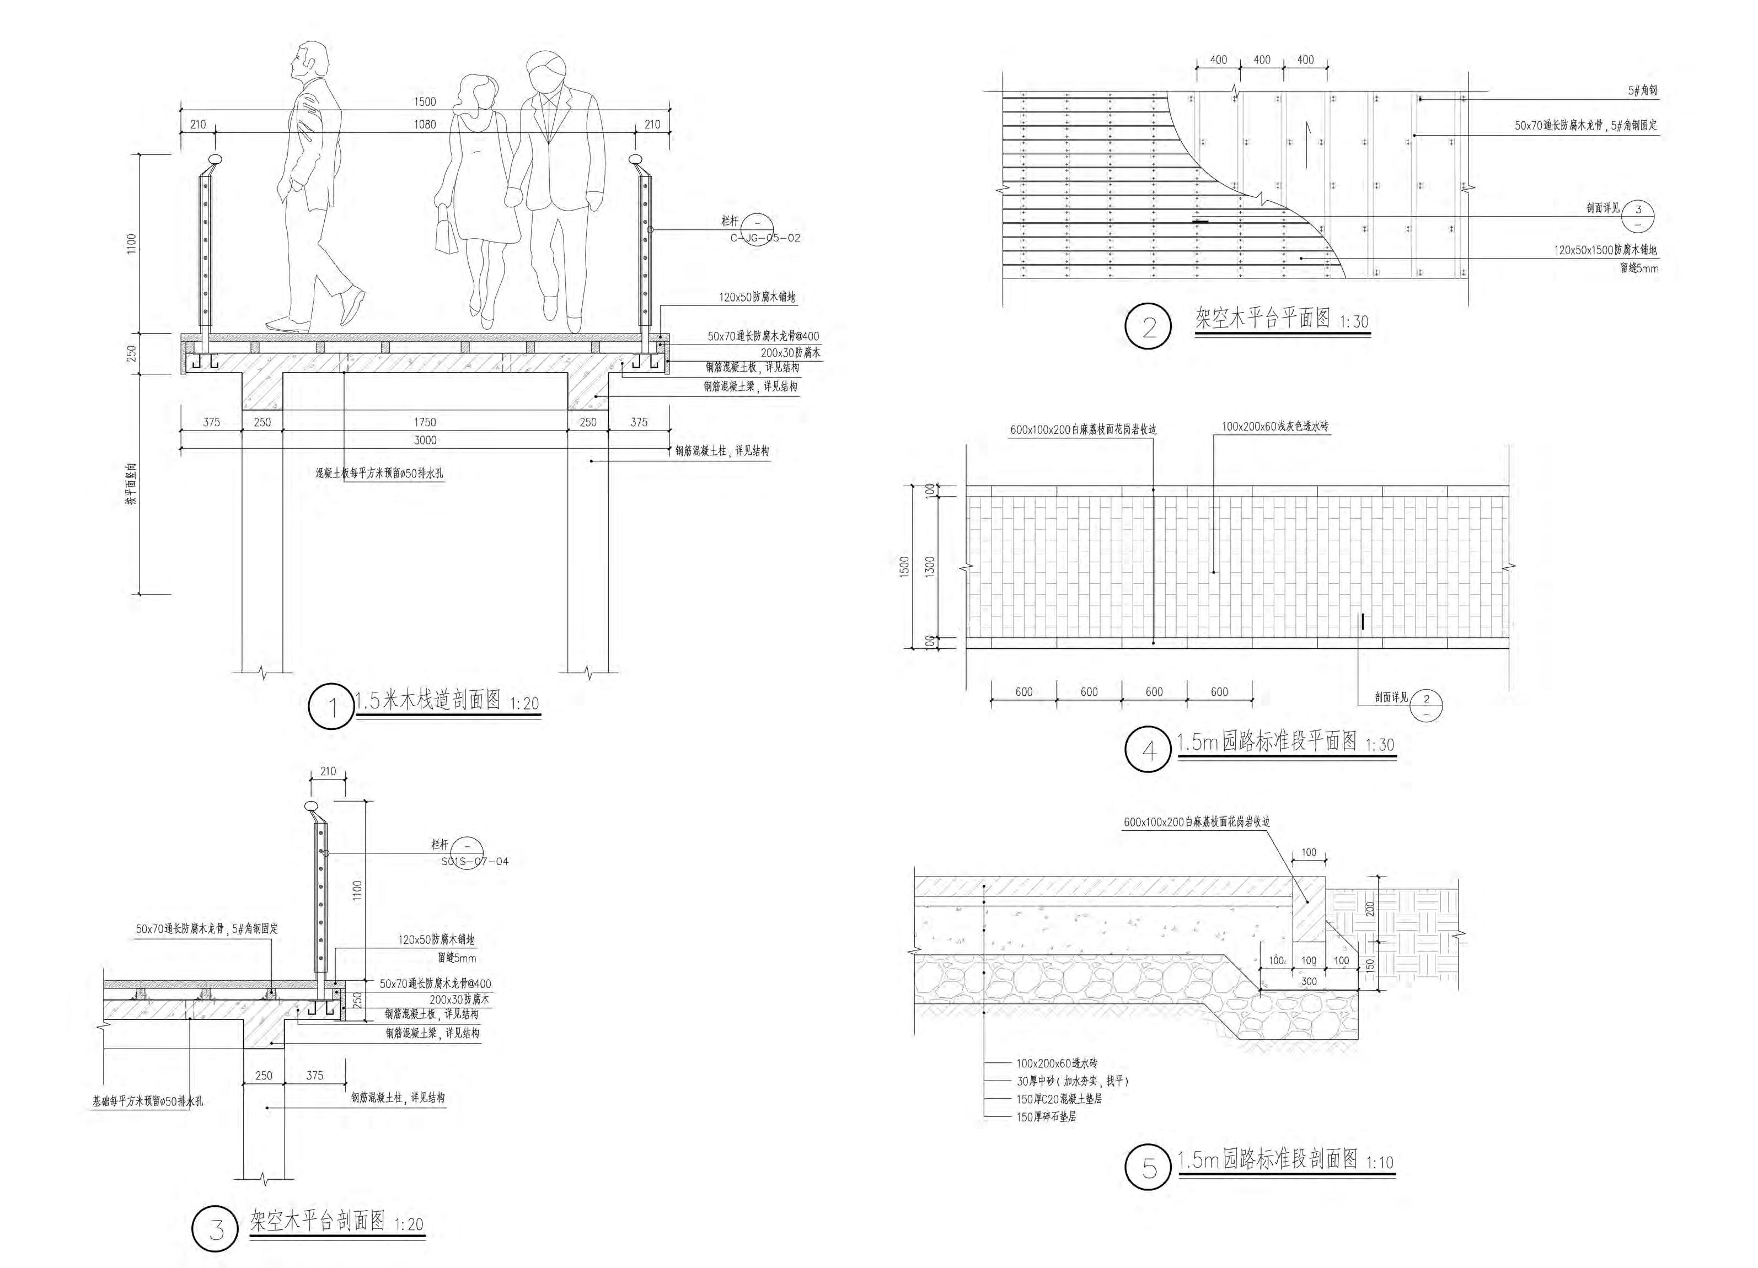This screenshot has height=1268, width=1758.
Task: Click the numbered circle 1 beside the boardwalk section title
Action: click(333, 707)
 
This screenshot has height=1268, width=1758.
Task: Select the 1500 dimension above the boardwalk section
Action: click(425, 101)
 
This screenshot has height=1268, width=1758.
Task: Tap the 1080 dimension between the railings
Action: click(425, 124)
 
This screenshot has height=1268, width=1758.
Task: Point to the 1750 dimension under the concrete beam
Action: click(425, 422)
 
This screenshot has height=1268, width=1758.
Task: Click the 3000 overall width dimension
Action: click(425, 440)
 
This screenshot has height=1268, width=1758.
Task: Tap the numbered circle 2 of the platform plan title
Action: click(1148, 327)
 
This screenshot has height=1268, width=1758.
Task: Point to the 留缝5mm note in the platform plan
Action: click(1639, 268)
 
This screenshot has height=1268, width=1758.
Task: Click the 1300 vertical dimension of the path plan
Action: click(930, 566)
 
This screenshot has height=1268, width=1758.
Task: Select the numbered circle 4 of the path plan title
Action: click(1148, 749)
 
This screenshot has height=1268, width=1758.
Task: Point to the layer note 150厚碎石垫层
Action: click(1046, 1117)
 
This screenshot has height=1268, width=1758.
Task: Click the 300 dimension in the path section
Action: click(1309, 981)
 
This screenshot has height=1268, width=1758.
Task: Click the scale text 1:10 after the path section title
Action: click(1380, 1163)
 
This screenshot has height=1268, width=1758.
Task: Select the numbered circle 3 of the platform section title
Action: click(216, 1229)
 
